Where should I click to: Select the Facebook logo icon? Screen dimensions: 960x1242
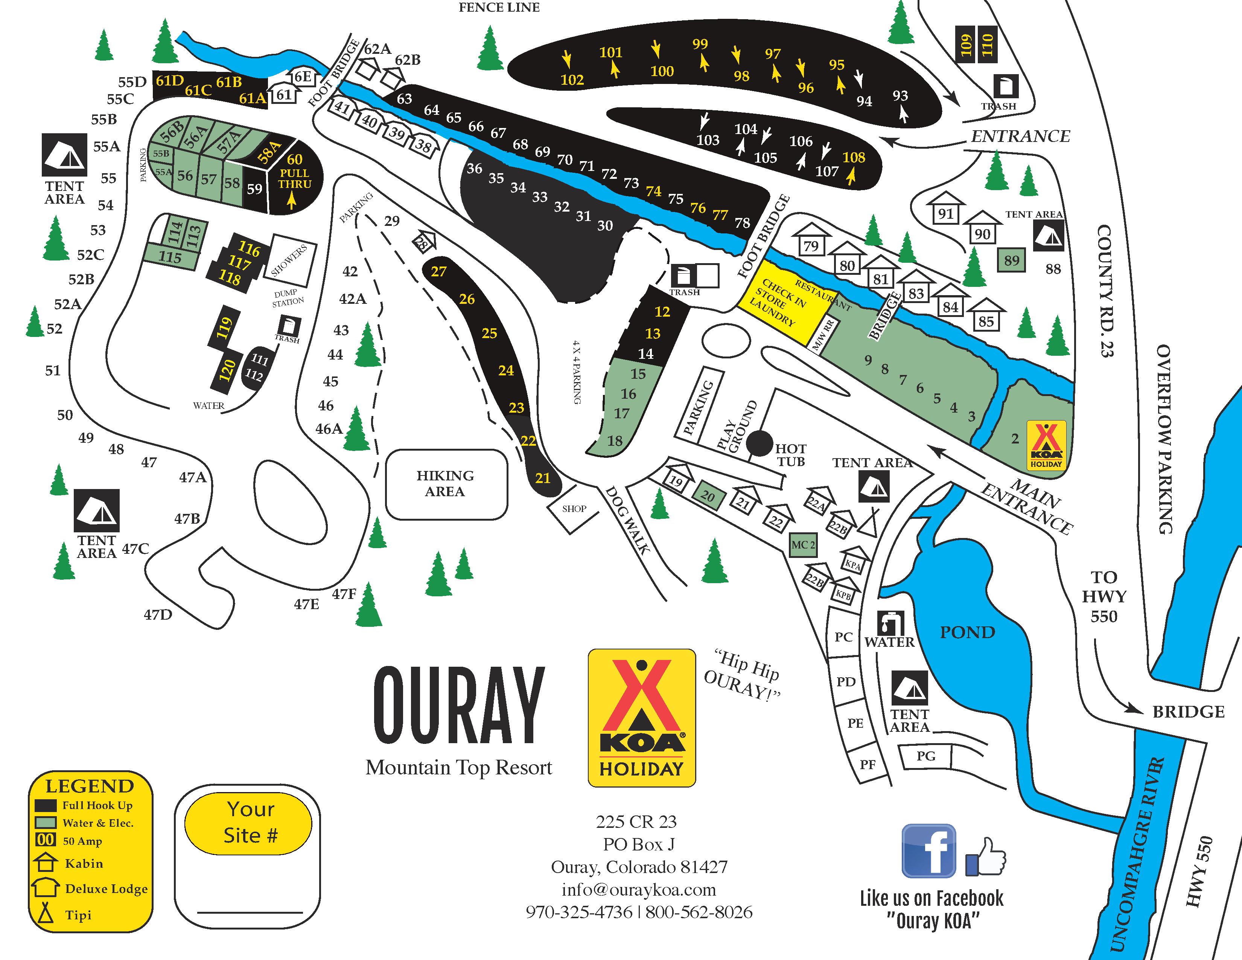(x=928, y=851)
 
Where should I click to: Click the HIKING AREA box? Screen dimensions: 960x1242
(x=446, y=484)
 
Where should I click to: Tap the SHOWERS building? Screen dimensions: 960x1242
(x=289, y=259)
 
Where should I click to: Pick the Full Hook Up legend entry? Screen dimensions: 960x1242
(x=97, y=805)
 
